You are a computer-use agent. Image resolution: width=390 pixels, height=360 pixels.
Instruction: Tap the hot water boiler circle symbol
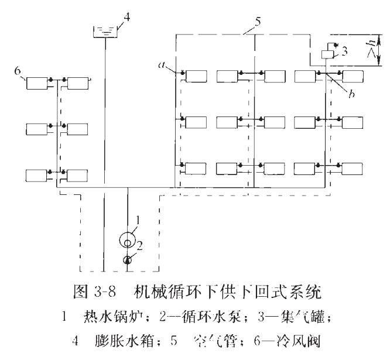pos(127,239)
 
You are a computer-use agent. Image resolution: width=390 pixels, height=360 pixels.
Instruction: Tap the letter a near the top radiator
pos(169,67)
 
